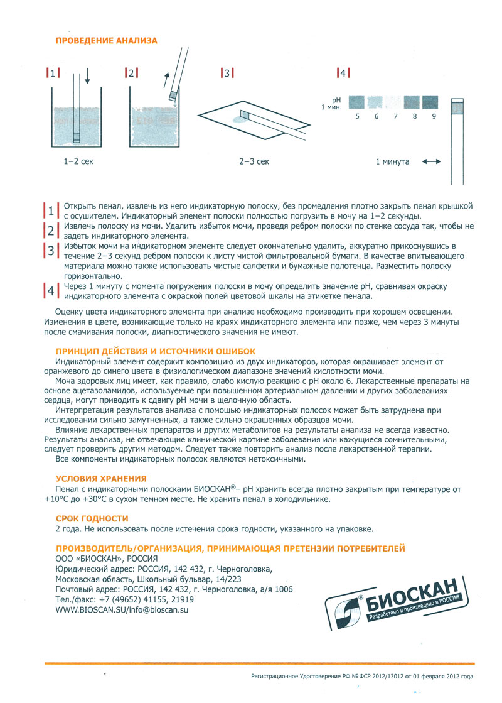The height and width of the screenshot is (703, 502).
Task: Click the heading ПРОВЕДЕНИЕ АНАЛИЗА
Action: pyautogui.click(x=107, y=40)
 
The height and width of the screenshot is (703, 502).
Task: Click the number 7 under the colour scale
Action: pyautogui.click(x=394, y=116)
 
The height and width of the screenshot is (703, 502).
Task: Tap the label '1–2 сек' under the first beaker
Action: pyautogui.click(x=78, y=161)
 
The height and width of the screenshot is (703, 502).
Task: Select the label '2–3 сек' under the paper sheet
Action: pyautogui.click(x=254, y=161)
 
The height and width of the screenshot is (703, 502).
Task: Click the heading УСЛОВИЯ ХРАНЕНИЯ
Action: pyautogui.click(x=101, y=478)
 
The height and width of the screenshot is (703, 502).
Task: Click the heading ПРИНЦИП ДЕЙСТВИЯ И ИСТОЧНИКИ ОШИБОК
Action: pyautogui.click(x=155, y=351)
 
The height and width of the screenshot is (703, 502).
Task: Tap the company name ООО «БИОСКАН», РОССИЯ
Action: pyautogui.click(x=107, y=559)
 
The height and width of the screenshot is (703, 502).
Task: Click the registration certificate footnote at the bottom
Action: pyautogui.click(x=363, y=677)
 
